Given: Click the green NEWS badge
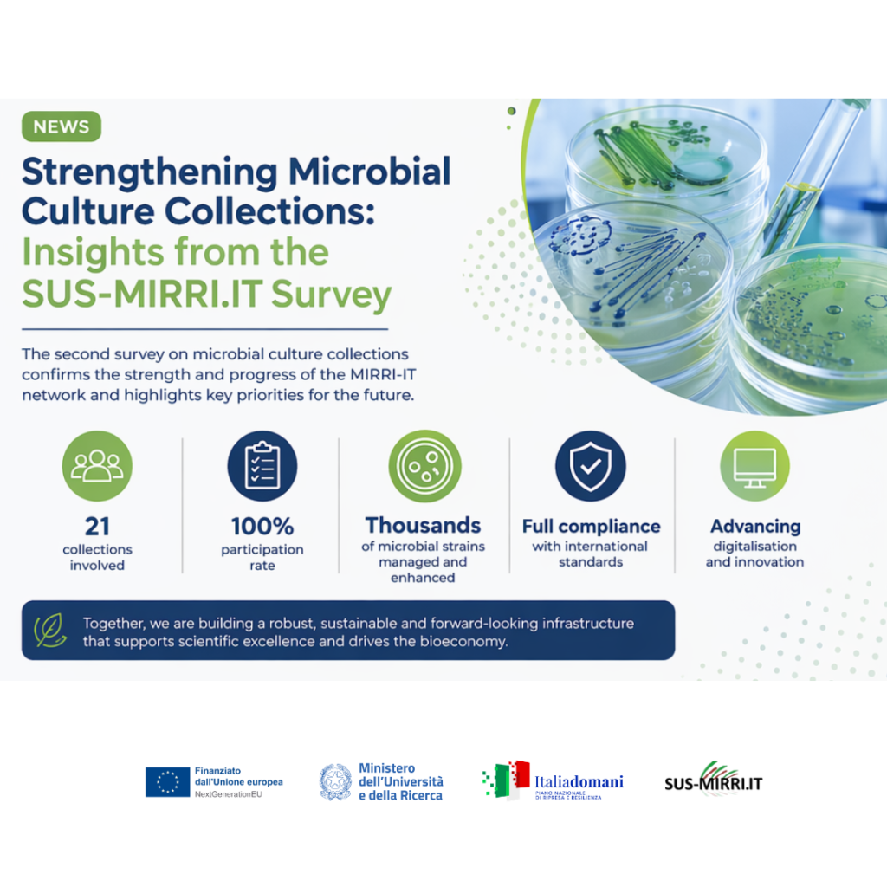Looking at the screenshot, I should coord(62,127).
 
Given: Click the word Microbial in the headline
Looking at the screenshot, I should coord(370,171).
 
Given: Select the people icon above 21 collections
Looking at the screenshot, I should coord(97,466).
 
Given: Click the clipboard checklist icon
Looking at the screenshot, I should coord(262,466).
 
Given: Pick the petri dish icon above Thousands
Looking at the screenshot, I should coord(424,466).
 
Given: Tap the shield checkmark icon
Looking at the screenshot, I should coord(590,466).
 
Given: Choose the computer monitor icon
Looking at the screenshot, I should coord(754,466).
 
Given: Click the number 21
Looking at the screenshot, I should coord(97,526).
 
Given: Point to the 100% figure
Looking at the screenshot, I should coord(262,526).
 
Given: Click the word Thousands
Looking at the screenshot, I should coord(423,525).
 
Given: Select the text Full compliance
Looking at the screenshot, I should coord(591,526).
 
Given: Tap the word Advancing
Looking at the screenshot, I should coord(754,526).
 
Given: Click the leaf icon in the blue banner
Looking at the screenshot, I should coord(50,631).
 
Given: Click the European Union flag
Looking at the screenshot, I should coord(167,781).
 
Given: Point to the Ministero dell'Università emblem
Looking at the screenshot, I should coord(335,781).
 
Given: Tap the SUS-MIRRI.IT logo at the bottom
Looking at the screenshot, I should coord(713,780).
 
